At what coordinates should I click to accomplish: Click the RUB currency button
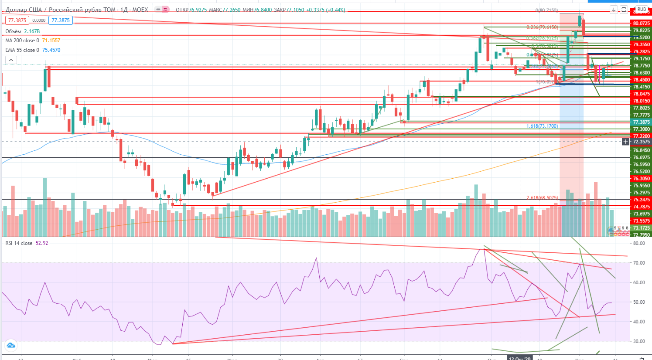point(642,9)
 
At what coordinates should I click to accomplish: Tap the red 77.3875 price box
point(17,20)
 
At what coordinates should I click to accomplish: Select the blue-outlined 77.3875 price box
point(61,20)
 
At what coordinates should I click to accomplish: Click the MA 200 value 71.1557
point(51,41)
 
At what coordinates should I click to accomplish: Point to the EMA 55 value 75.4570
point(51,50)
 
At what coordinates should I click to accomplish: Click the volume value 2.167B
point(32,31)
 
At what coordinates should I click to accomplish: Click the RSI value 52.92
point(42,243)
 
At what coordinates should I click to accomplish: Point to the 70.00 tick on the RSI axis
point(639,263)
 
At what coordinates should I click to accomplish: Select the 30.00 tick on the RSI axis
point(639,341)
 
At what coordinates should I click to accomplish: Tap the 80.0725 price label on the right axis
point(641,23)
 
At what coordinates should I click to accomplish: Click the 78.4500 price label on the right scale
point(641,80)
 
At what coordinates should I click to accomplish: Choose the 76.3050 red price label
point(641,179)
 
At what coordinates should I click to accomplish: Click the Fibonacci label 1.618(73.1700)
point(542,126)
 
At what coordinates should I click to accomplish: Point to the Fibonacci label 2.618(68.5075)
point(542,198)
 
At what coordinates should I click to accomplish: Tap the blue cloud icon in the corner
point(10,346)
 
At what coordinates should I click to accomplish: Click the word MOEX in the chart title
point(140,10)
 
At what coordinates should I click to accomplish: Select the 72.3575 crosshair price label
point(641,142)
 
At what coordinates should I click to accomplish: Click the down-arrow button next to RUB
point(614,9)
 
